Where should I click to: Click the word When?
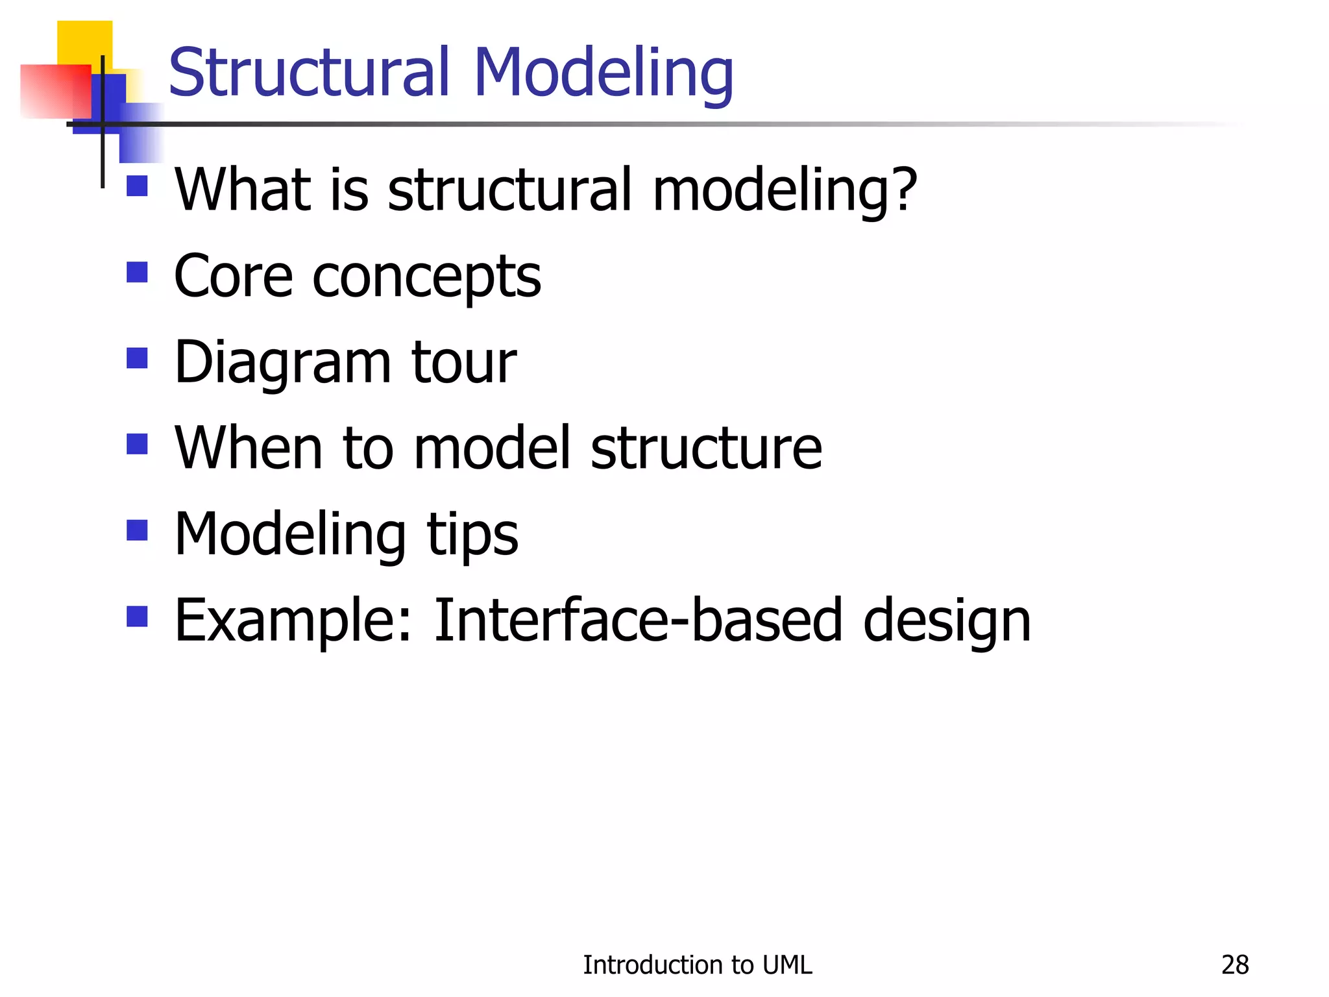(x=248, y=447)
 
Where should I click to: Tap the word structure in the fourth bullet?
(x=706, y=448)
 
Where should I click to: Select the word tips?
(x=472, y=535)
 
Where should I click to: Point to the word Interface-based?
(x=638, y=620)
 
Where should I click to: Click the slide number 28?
(x=1235, y=965)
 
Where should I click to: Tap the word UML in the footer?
(x=787, y=965)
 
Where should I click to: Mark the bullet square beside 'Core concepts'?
(x=137, y=272)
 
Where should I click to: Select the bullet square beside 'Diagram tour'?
(x=137, y=358)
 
